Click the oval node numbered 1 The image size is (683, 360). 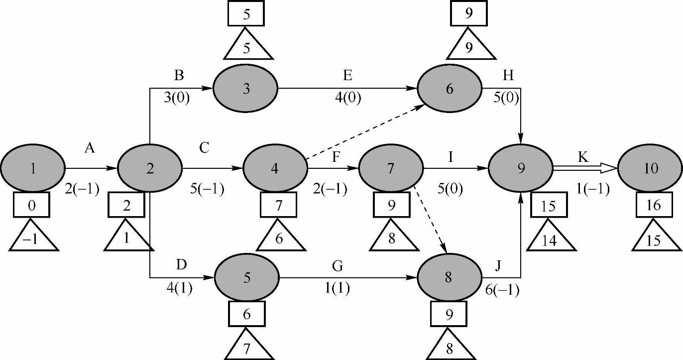(32, 169)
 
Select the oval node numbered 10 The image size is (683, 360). (650, 169)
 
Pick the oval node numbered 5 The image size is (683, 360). (246, 277)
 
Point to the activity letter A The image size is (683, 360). (90, 148)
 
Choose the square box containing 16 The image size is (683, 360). (653, 205)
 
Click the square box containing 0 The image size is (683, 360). (32, 205)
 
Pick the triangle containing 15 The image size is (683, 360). (654, 240)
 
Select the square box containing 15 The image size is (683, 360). (548, 205)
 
